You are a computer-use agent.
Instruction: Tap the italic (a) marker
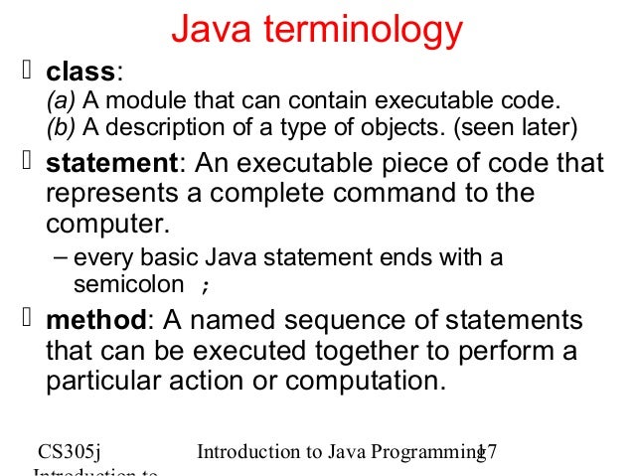[x=62, y=101]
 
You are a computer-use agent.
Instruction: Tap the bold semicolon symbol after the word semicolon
[x=206, y=286]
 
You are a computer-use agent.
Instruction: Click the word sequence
[x=338, y=323]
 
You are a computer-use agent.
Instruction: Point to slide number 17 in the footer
[x=486, y=453]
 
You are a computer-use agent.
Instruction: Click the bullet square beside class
[x=28, y=72]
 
